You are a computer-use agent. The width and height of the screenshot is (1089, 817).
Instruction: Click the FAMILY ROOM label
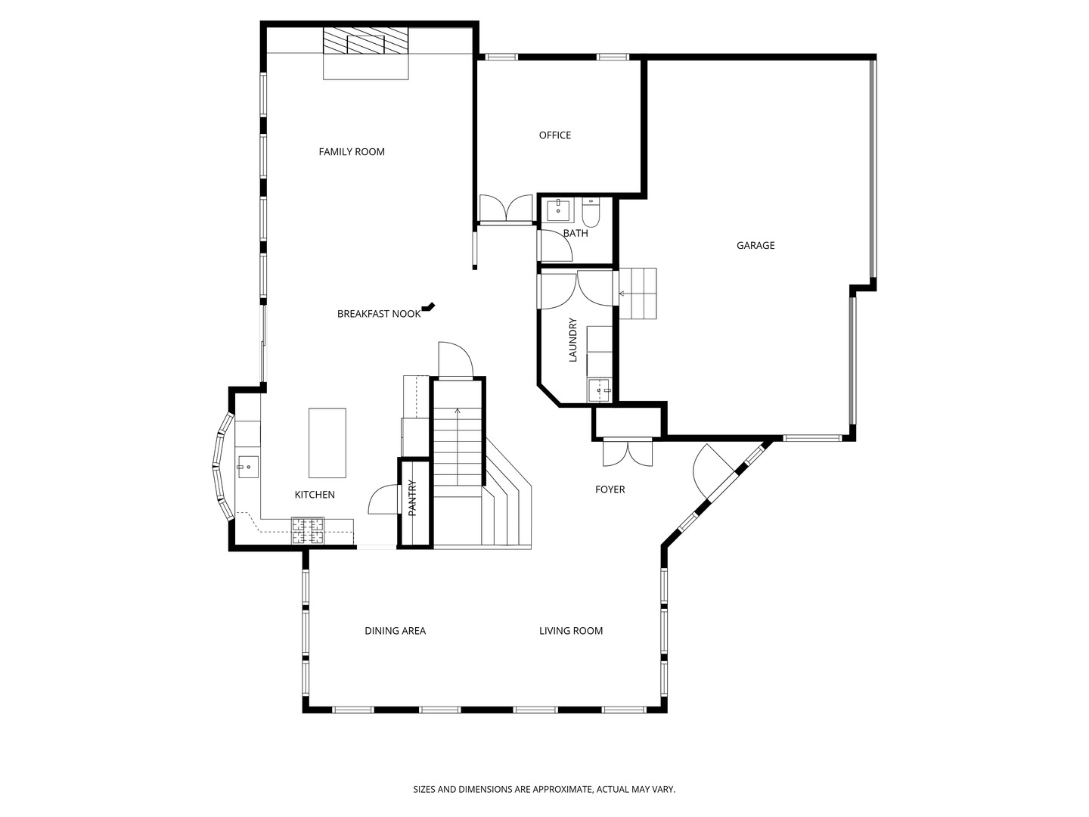352,152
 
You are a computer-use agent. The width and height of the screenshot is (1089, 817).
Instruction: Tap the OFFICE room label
554,135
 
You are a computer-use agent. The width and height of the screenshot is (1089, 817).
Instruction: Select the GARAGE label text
755,245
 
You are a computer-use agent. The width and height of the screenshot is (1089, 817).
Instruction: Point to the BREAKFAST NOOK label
378,314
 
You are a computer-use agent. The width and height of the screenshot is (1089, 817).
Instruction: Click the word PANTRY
413,498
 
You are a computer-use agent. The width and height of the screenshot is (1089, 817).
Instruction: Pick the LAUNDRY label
572,340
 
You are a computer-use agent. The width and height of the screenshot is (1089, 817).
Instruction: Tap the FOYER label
610,489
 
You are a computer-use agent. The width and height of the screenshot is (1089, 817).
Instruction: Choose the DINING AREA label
395,631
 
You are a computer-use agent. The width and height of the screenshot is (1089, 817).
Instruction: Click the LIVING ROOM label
570,631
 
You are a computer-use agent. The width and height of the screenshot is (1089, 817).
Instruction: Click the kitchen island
327,443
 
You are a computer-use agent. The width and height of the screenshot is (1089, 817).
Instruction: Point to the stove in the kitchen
308,530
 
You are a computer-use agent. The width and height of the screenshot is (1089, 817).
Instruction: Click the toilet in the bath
591,213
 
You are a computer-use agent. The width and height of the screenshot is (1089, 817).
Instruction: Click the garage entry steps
638,293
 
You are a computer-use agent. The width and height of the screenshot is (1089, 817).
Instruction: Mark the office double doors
506,210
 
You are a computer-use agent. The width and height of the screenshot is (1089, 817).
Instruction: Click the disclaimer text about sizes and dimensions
544,789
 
